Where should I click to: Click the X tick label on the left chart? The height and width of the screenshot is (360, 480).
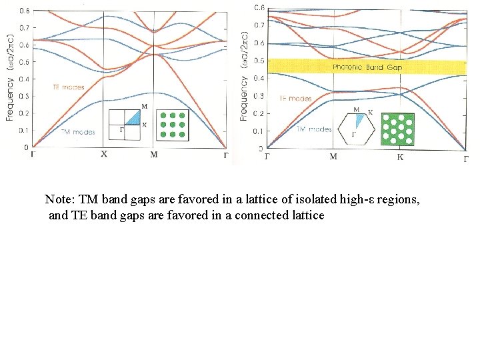(104, 154)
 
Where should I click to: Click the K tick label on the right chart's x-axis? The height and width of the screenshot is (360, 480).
(400, 157)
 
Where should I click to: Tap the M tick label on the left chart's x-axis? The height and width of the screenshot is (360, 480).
(154, 155)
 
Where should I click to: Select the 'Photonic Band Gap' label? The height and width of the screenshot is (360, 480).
(367, 67)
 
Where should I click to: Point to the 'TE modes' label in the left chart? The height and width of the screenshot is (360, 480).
(68, 87)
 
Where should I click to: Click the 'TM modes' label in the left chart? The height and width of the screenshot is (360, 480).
(78, 132)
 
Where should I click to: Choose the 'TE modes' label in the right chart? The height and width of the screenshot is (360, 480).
(295, 99)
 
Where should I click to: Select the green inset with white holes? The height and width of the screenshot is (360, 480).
(398, 127)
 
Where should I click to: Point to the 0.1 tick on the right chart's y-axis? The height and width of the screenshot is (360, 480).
(259, 131)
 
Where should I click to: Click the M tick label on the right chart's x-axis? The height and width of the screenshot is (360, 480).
(333, 157)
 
